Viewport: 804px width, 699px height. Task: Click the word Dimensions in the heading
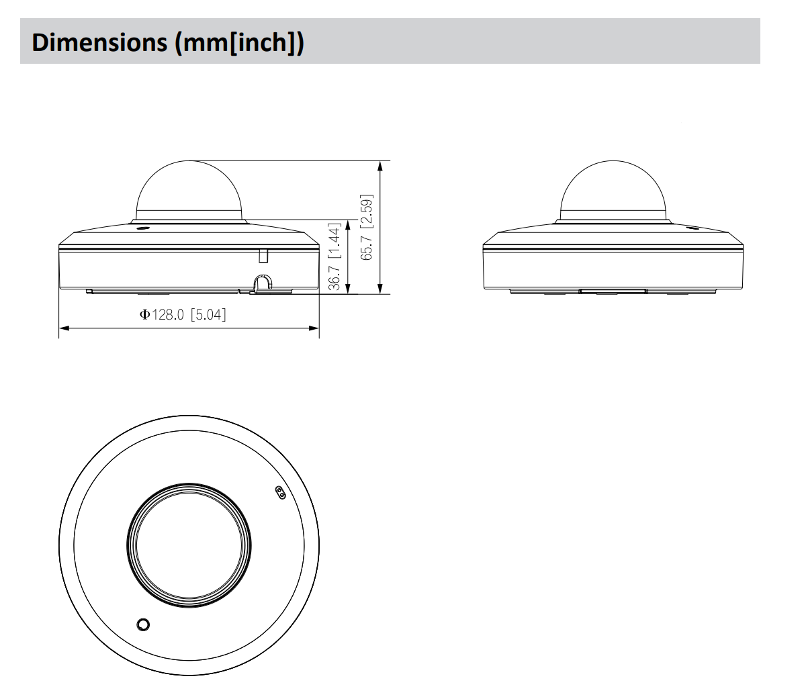(x=99, y=42)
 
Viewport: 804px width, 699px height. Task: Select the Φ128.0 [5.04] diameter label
(x=183, y=314)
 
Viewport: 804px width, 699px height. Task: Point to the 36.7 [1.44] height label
(x=334, y=257)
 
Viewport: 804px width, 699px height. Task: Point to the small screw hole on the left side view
(x=142, y=228)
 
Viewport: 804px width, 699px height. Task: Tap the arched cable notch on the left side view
(x=263, y=283)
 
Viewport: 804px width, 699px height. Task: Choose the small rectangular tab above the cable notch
(x=263, y=255)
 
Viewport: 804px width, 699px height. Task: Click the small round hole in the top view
(x=142, y=624)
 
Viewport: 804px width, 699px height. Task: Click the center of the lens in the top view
(x=189, y=543)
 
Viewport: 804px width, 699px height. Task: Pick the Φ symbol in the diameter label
(x=144, y=314)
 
